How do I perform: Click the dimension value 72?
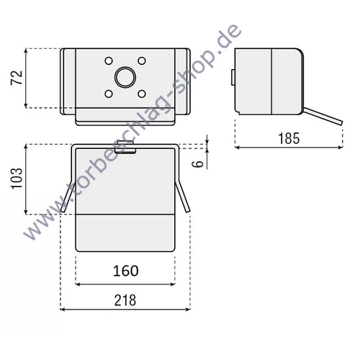[x=17, y=78]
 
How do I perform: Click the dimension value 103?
[x=17, y=179]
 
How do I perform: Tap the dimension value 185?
[x=289, y=138]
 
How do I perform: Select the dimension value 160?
[x=125, y=271]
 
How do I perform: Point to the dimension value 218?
[x=125, y=300]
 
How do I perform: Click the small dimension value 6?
[x=199, y=164]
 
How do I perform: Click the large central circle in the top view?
[x=125, y=77]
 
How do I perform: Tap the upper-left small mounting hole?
[x=109, y=60]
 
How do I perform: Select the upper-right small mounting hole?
[x=142, y=60]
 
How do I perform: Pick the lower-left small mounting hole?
[x=109, y=94]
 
